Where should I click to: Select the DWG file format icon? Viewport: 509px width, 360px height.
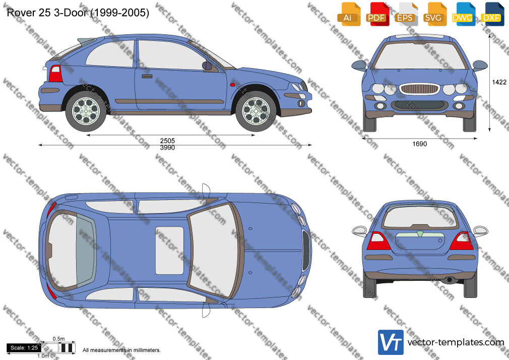pos(463,14)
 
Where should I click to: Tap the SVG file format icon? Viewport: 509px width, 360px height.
pos(434,14)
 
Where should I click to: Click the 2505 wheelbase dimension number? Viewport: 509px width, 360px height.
pos(167,141)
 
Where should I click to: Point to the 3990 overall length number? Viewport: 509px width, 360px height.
pos(167,148)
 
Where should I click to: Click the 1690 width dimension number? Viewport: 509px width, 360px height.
pos(419,144)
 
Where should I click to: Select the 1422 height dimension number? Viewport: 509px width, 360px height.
pos(499,82)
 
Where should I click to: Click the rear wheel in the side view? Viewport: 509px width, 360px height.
pos(86,110)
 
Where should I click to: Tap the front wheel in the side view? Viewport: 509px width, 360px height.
pos(256,111)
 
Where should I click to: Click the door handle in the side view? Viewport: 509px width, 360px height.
pos(147,76)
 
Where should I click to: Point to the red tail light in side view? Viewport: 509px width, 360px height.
pos(55,74)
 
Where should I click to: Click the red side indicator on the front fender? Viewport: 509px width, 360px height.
pos(232,85)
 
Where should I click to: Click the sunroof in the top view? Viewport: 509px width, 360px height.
pos(169,251)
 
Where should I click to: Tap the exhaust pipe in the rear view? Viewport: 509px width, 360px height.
pos(450,280)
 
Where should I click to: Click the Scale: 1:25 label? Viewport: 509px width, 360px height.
pos(24,348)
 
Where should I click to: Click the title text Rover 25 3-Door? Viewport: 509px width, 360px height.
pos(47,13)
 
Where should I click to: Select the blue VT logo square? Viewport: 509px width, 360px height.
pos(391,342)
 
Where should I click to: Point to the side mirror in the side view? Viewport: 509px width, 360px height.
pos(207,66)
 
